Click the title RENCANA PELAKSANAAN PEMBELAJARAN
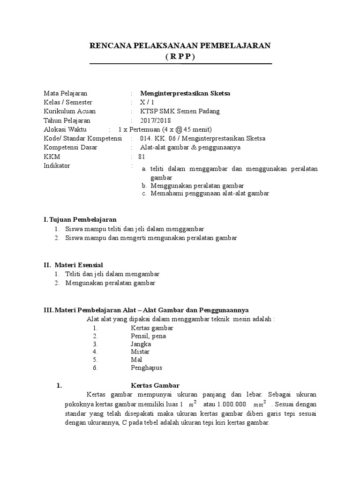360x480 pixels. tap(180, 45)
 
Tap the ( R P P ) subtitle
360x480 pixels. tap(180, 56)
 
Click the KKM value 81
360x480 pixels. tap(142, 156)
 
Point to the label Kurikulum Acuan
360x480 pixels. tap(69, 112)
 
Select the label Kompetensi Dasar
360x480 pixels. tap(70, 147)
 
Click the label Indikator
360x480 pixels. tap(57, 165)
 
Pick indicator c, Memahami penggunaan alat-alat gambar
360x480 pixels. tap(210, 193)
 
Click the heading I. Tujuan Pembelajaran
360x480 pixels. tap(80, 219)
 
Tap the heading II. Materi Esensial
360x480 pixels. tap(73, 265)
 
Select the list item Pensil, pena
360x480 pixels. tap(149, 336)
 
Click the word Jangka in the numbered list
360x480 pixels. tap(141, 344)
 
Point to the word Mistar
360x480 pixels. tap(140, 352)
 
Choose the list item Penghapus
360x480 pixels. tap(147, 367)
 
